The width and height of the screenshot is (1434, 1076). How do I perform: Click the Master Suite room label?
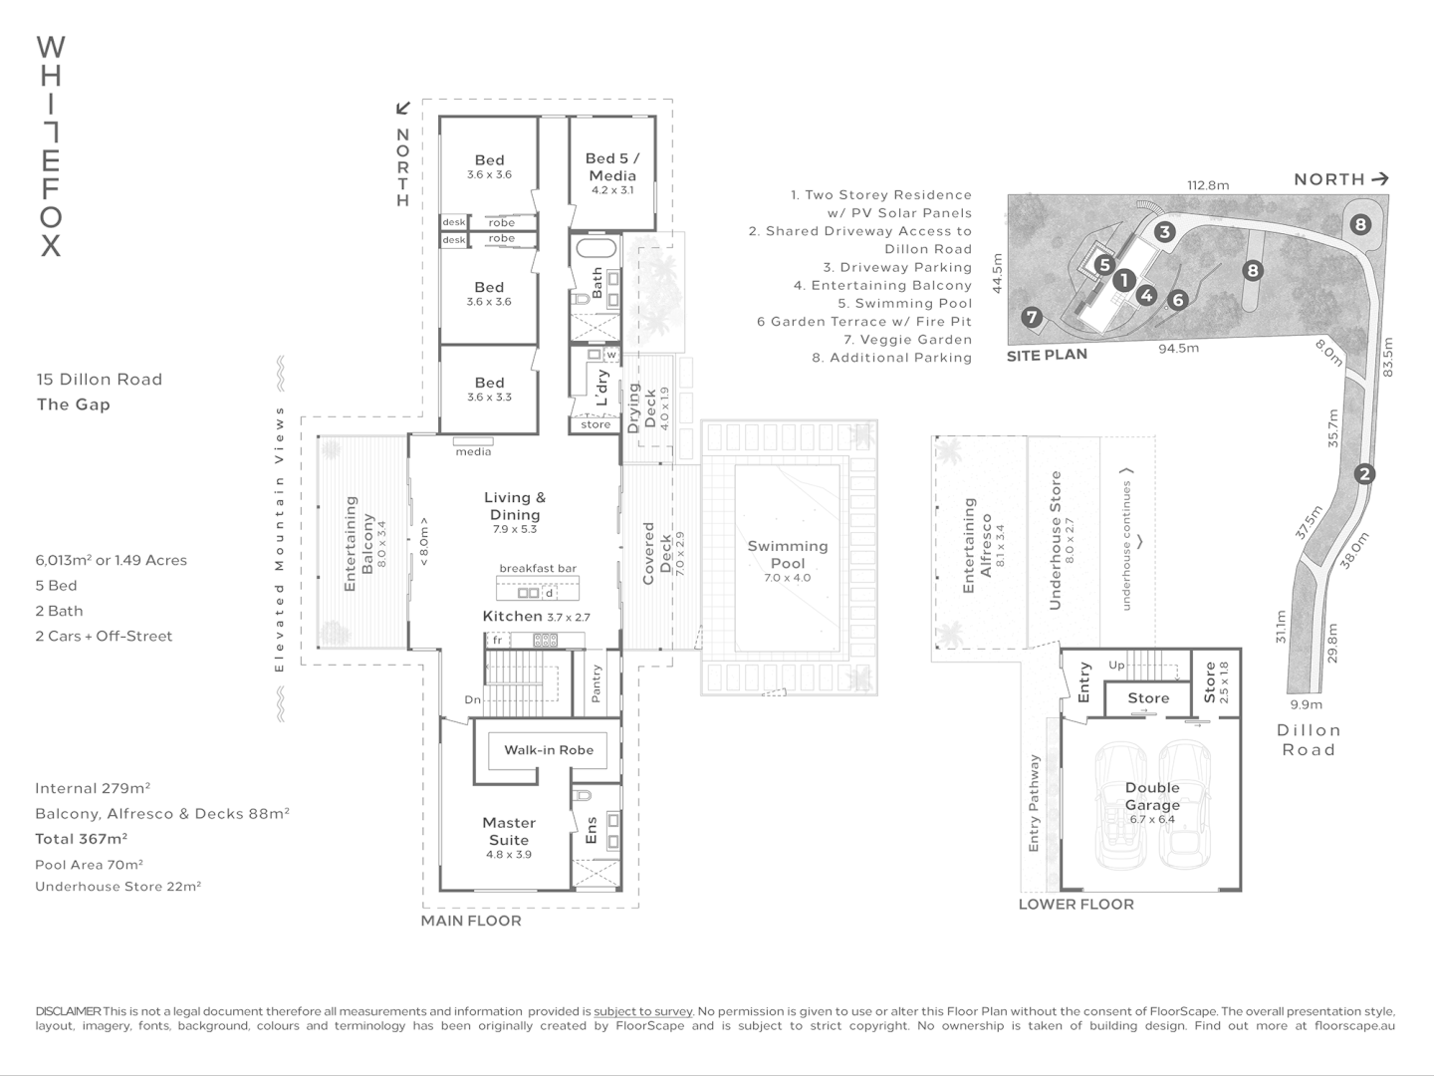tap(509, 831)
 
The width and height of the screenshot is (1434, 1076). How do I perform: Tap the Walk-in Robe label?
tap(548, 750)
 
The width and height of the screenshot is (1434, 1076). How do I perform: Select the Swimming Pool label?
tap(787, 554)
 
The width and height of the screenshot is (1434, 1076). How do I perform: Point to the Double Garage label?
tap(1152, 796)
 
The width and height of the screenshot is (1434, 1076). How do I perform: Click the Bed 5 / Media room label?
tap(611, 166)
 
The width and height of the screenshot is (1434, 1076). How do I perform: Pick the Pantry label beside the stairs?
tap(597, 683)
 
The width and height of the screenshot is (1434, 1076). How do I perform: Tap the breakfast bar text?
tap(538, 568)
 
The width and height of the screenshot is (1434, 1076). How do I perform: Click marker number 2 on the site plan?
tap(1364, 474)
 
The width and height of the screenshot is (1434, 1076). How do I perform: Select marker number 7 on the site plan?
tap(1032, 318)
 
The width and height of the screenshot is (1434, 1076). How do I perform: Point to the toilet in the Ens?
tap(583, 796)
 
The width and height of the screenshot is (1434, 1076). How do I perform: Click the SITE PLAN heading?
tap(1047, 355)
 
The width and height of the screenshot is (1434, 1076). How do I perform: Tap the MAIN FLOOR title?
tap(471, 921)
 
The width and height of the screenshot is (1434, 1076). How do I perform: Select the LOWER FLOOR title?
tap(1075, 904)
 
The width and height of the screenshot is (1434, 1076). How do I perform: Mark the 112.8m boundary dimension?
tap(1207, 184)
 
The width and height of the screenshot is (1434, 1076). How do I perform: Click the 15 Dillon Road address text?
tap(100, 379)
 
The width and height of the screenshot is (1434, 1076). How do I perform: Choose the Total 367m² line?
tap(81, 839)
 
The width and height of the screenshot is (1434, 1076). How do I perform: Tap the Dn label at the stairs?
tap(472, 699)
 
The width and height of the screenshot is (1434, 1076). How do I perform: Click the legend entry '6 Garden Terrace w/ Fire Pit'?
tap(863, 321)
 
